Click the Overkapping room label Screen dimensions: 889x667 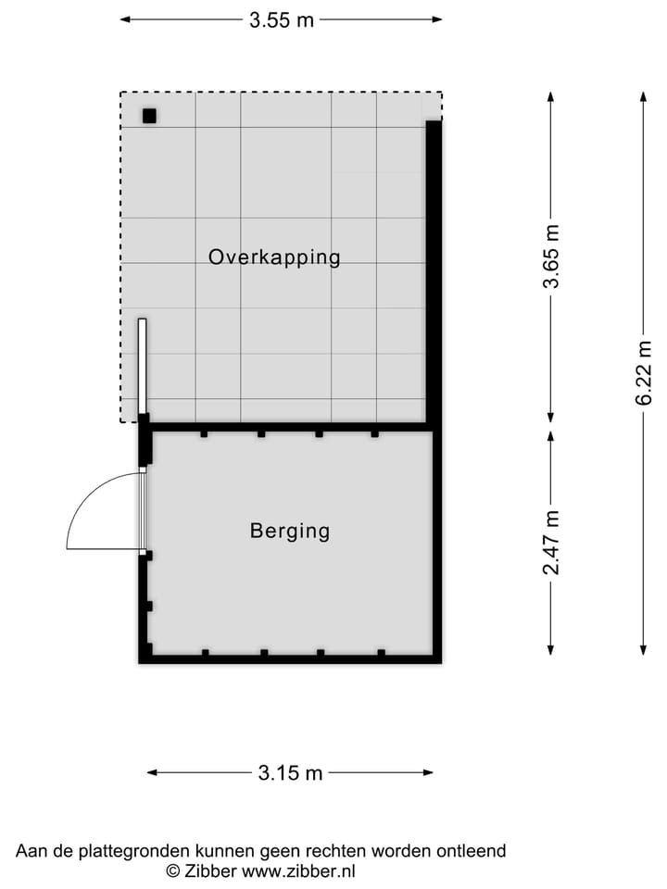[x=274, y=257]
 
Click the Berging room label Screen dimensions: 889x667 [x=290, y=532]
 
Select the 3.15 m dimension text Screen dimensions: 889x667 [x=291, y=773]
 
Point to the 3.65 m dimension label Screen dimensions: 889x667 [x=551, y=257]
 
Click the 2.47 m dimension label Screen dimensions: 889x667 [x=551, y=542]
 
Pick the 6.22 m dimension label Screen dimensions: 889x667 [x=644, y=372]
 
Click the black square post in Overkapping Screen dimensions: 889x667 [x=149, y=117]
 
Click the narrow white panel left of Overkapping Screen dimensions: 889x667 [x=143, y=366]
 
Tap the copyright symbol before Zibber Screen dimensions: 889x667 [x=173, y=870]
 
